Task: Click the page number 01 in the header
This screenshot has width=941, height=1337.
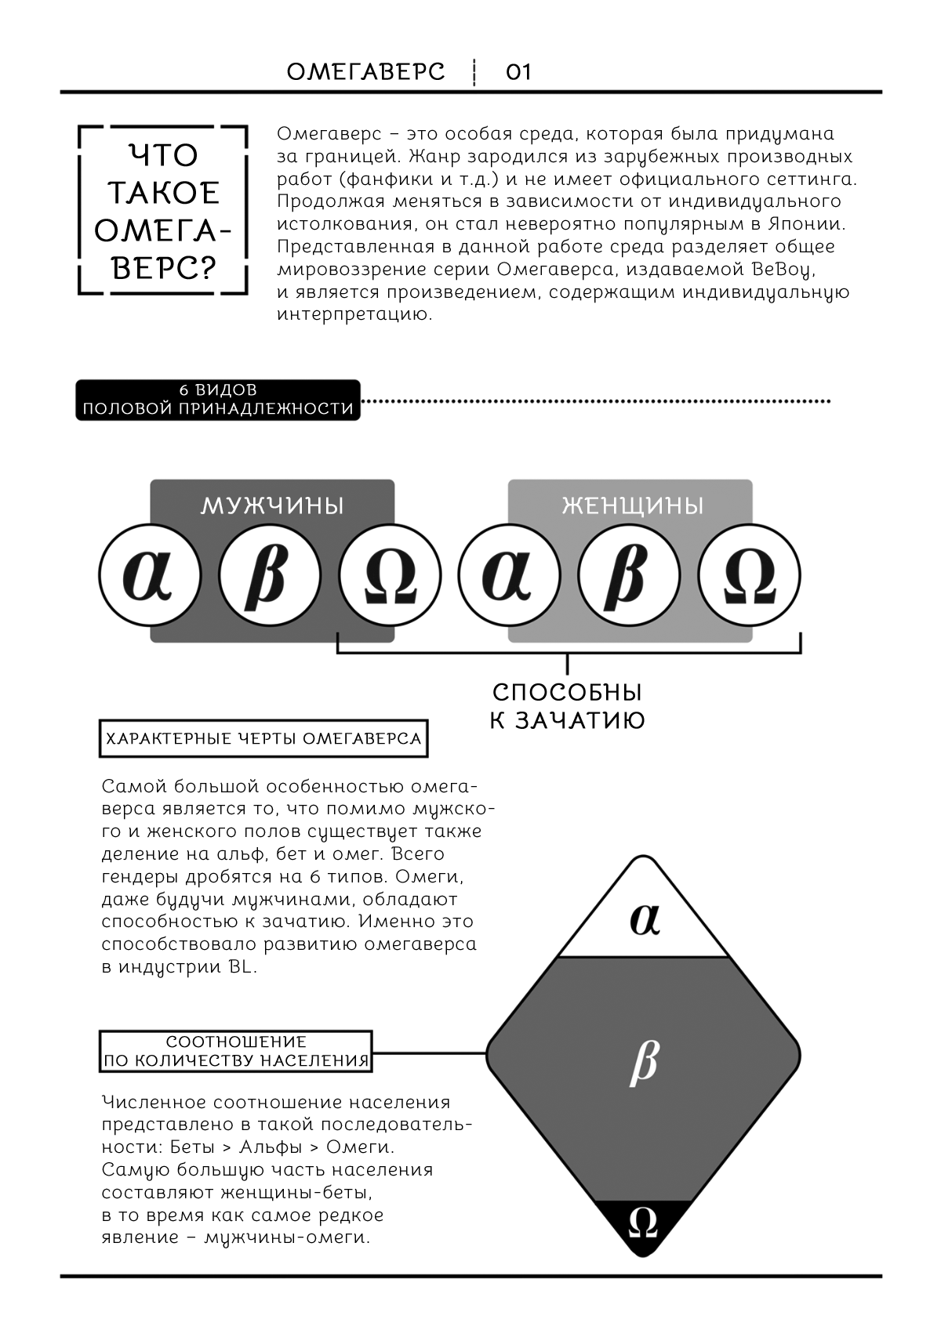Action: coord(518,72)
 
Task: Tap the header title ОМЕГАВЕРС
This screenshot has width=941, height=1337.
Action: coord(366,72)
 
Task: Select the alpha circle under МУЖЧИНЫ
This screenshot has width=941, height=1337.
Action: coord(150,576)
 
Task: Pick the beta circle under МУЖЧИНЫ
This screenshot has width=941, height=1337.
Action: coord(269,576)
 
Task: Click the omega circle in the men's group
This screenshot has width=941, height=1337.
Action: coord(390,576)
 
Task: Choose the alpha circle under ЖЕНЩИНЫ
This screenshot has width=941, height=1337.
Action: coord(509,576)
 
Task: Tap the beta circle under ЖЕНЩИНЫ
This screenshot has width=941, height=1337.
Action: coord(630,576)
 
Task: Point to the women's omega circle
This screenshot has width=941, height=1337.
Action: coord(749,576)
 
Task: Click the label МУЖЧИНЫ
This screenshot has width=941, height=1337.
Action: coord(272,505)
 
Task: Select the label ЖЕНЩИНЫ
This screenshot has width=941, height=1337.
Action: coord(632,505)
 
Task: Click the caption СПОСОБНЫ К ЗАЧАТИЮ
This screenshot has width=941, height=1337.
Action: coord(567,706)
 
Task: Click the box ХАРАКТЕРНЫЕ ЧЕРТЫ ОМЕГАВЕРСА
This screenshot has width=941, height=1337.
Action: coord(263,738)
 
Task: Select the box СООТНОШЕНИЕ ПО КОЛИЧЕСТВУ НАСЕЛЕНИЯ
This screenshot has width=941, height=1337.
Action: coord(236,1052)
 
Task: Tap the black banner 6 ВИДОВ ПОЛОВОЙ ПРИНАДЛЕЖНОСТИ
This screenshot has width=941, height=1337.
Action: coord(218,400)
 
